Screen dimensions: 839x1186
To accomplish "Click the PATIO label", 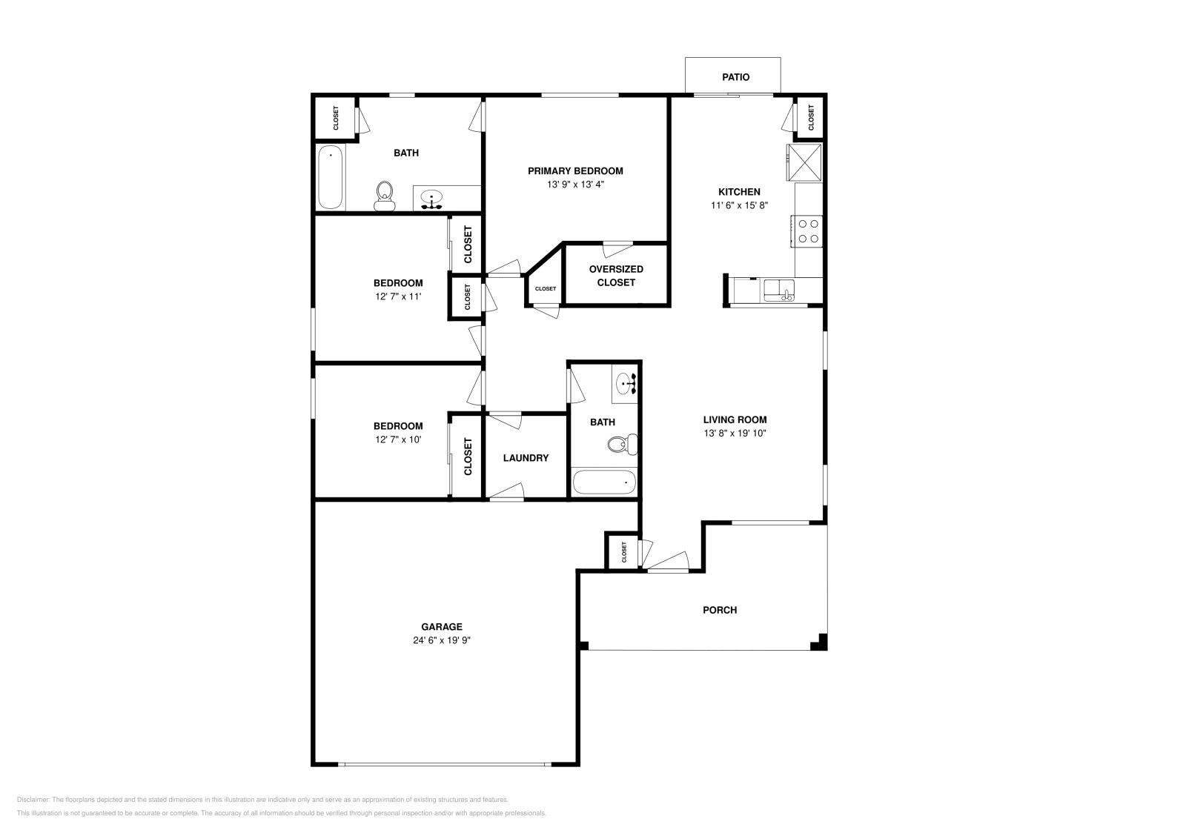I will click(735, 77).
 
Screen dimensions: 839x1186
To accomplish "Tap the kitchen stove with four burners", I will click(807, 231).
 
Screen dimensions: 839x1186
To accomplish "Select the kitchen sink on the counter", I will click(779, 290).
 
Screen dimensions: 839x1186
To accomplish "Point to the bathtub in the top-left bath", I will click(331, 178).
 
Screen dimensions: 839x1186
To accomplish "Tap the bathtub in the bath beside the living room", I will click(604, 482).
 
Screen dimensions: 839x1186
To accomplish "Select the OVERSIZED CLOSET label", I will click(616, 276).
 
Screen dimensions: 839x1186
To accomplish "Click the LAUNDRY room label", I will click(526, 458).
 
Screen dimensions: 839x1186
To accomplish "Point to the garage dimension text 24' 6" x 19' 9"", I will click(443, 640).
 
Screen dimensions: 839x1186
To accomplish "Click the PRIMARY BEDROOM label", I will click(575, 170).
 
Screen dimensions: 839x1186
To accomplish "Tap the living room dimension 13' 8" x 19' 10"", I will click(735, 433).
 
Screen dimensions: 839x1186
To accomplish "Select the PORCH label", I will click(720, 610).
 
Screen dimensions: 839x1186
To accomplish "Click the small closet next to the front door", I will click(623, 551).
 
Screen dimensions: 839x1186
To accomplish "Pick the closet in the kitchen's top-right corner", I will click(810, 116).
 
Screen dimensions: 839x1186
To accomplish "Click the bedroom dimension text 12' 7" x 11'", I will click(398, 296).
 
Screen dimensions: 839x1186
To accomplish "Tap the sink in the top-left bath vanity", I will click(431, 198).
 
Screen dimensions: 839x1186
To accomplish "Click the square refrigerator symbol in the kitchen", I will click(804, 162).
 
